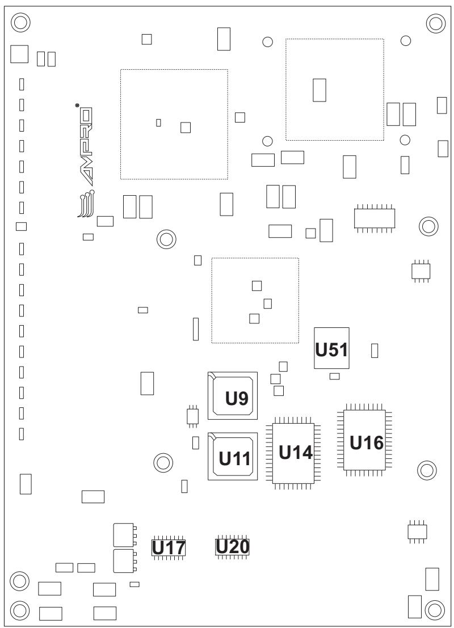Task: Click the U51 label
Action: click(331, 349)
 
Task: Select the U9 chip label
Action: click(237, 398)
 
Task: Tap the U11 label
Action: click(234, 459)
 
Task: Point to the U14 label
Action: click(295, 453)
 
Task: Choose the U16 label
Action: click(367, 443)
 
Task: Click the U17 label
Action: click(169, 548)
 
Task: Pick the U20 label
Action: click(233, 547)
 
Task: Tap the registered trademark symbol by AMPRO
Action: click(77, 105)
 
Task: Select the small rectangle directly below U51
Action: click(334, 376)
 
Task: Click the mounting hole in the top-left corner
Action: click(20, 23)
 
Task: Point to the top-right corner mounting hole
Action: click(436, 23)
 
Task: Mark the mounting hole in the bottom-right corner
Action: click(434, 610)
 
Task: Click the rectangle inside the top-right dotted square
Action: click(320, 90)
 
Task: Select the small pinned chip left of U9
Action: click(193, 415)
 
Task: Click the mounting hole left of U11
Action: click(163, 463)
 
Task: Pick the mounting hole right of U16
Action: click(427, 470)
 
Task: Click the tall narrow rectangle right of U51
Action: click(375, 351)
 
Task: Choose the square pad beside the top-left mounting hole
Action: click(19, 54)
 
